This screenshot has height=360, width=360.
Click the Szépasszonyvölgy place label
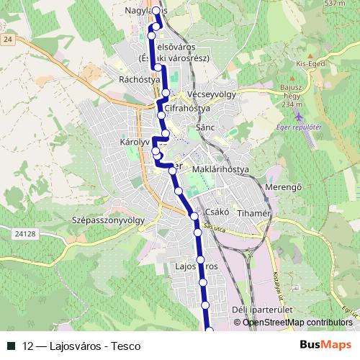(x=109, y=220)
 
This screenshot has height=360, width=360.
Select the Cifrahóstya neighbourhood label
(x=186, y=108)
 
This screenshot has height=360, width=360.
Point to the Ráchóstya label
(x=139, y=80)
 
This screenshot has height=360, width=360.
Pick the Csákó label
(x=217, y=212)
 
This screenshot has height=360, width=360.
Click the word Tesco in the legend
(x=126, y=346)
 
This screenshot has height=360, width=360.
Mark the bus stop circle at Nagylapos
(x=156, y=11)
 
